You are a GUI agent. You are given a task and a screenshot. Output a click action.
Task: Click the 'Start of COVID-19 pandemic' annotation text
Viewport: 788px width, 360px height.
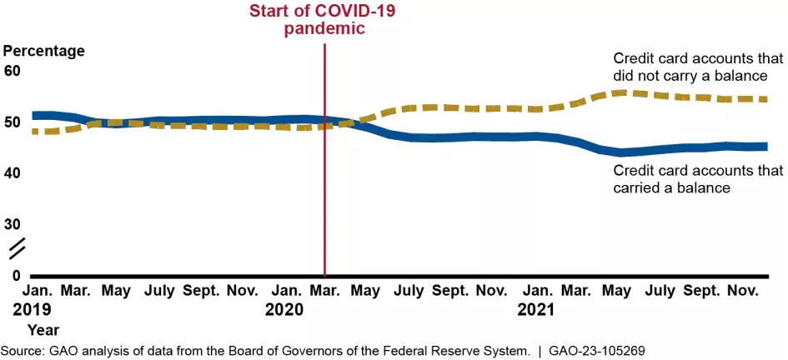click(324, 19)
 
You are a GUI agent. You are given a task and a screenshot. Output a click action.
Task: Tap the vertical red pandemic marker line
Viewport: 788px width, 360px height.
click(324, 208)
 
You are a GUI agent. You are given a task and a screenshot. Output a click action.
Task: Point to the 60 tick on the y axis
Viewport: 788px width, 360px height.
click(13, 71)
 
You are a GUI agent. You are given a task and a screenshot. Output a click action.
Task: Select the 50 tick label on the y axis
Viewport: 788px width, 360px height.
click(13, 122)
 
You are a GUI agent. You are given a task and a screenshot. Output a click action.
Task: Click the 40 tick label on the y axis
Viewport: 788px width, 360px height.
click(13, 173)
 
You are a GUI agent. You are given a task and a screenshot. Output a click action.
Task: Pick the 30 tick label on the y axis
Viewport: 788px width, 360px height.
click(13, 224)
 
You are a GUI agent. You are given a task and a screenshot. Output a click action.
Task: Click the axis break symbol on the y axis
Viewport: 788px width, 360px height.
click(17, 247)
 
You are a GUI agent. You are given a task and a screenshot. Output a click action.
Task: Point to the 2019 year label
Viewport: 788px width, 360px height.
click(31, 310)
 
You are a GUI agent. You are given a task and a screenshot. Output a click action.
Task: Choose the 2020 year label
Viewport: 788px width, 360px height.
click(285, 310)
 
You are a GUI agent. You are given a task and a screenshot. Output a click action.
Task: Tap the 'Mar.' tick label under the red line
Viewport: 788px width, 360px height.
click(324, 291)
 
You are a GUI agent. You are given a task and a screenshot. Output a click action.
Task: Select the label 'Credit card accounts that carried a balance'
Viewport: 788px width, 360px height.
click(698, 179)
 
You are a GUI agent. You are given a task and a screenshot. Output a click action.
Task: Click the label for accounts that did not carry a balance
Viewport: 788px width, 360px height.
click(698, 67)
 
